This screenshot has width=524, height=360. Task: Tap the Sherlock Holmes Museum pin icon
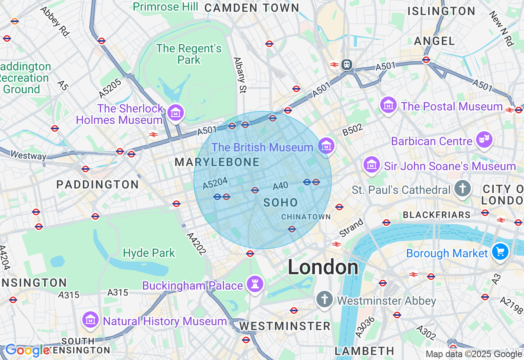176,113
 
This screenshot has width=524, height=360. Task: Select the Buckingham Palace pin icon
255,283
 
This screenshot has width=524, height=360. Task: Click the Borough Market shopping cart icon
500,252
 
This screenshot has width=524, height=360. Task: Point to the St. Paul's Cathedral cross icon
463,189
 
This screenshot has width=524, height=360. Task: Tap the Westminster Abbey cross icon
324,300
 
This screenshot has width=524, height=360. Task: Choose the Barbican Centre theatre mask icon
484,140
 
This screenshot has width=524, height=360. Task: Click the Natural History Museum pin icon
90,320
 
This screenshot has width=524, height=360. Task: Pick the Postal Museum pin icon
388,105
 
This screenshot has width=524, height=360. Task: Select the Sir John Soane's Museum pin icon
372,165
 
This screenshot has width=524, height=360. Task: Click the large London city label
323,268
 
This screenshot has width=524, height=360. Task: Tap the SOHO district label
281,202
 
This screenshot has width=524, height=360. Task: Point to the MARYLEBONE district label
217,162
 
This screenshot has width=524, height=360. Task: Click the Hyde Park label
149,253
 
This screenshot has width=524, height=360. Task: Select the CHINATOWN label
306,217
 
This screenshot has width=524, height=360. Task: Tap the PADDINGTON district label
97,184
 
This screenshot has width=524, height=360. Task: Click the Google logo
27,351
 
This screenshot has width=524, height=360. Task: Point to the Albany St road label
239,75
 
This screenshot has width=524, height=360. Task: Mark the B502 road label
352,130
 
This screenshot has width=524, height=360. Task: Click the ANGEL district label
434,41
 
